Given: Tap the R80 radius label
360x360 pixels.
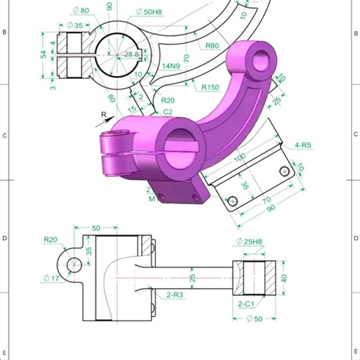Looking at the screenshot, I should tap(213, 46).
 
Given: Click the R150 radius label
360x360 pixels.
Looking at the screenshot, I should tap(211, 88).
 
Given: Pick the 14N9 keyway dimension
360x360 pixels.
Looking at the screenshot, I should tap(170, 66).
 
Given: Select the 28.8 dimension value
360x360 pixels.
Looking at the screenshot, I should tap(132, 54).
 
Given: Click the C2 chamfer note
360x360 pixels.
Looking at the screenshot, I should tap(168, 111).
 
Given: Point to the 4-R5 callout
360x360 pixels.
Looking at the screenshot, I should tap(303, 145).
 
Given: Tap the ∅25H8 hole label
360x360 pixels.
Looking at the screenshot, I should tap(249, 242).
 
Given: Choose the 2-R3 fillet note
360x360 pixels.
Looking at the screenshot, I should tap(174, 295).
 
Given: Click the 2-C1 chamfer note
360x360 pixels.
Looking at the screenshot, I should tap(247, 304).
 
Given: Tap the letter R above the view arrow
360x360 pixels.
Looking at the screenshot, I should tap(103, 114).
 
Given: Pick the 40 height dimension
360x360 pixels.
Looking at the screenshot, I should tap(284, 278).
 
